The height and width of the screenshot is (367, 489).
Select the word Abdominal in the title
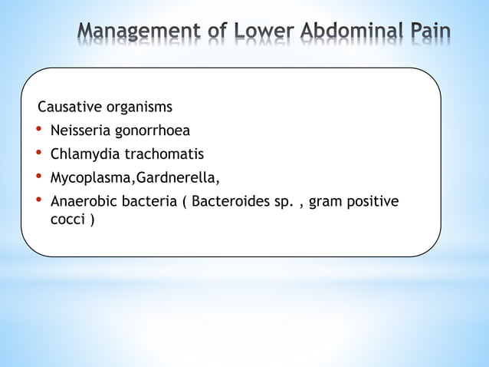pos(348,32)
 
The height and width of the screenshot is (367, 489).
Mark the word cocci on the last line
pos(67,221)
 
